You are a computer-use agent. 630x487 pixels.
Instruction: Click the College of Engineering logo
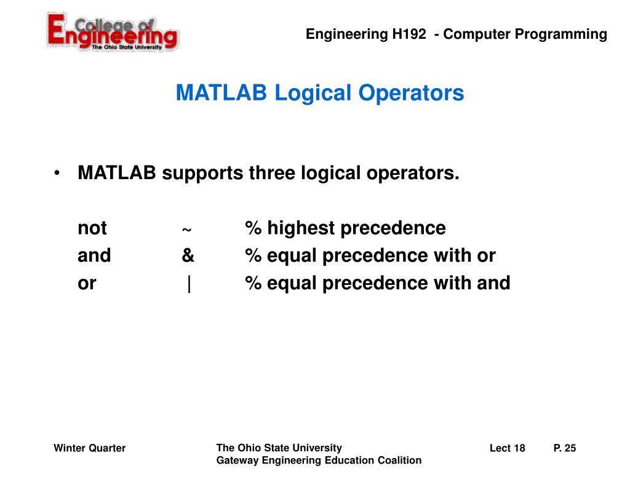pyautogui.click(x=113, y=33)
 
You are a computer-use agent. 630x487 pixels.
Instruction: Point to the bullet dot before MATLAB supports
pyautogui.click(x=57, y=174)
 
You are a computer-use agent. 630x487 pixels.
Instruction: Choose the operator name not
pyautogui.click(x=92, y=228)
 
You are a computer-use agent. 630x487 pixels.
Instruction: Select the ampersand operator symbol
pyautogui.click(x=188, y=256)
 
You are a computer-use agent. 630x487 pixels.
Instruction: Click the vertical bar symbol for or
pyautogui.click(x=189, y=284)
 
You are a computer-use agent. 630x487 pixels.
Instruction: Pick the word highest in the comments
pyautogui.click(x=301, y=228)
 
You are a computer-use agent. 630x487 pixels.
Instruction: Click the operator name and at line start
pyautogui.click(x=94, y=256)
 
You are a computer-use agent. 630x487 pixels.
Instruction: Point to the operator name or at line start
pyautogui.click(x=87, y=284)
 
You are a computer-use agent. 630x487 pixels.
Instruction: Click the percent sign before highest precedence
pyautogui.click(x=253, y=228)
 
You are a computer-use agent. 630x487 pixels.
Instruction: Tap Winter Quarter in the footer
pyautogui.click(x=90, y=448)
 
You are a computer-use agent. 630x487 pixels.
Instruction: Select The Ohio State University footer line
pyautogui.click(x=279, y=448)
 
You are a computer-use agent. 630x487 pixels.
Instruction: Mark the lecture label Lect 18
pyautogui.click(x=507, y=448)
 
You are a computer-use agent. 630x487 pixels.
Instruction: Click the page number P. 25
pyautogui.click(x=565, y=448)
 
